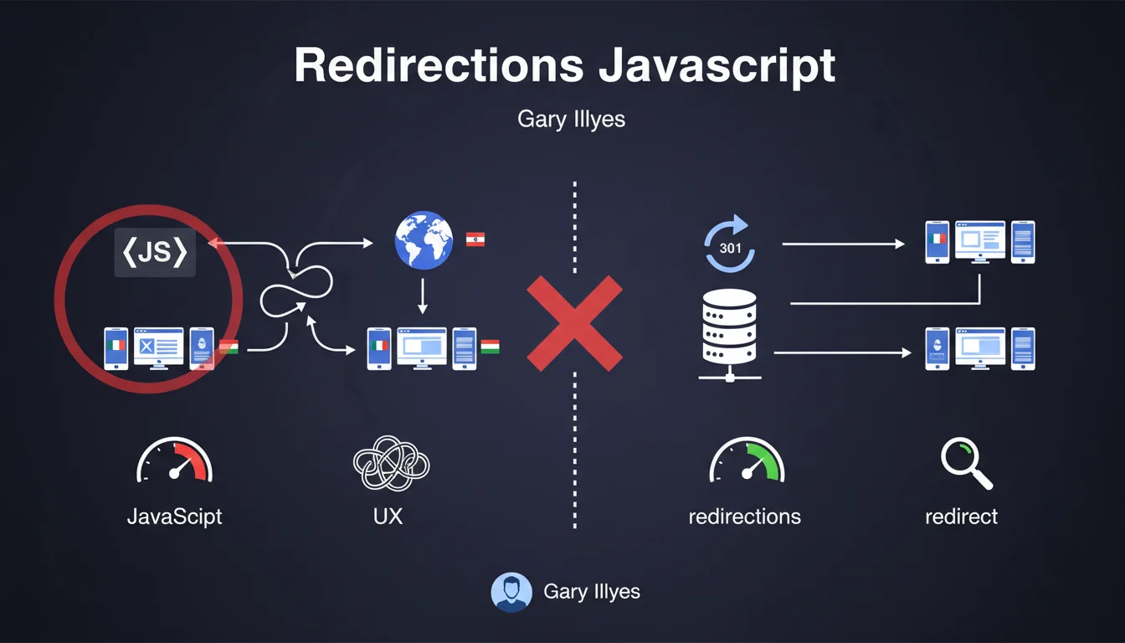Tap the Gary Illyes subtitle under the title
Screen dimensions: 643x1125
click(571, 119)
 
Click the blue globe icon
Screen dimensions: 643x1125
click(423, 240)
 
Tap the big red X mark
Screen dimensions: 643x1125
click(574, 324)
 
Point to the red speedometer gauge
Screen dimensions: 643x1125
click(174, 461)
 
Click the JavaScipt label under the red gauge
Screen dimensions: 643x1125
click(174, 516)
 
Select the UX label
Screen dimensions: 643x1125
click(388, 516)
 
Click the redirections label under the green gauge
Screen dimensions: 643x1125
click(744, 517)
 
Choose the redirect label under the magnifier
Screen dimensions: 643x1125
click(961, 517)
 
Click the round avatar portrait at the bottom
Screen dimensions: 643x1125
click(511, 592)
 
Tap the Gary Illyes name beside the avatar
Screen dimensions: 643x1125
click(591, 591)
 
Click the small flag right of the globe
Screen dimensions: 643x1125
click(475, 240)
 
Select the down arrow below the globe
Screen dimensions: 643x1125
click(423, 296)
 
